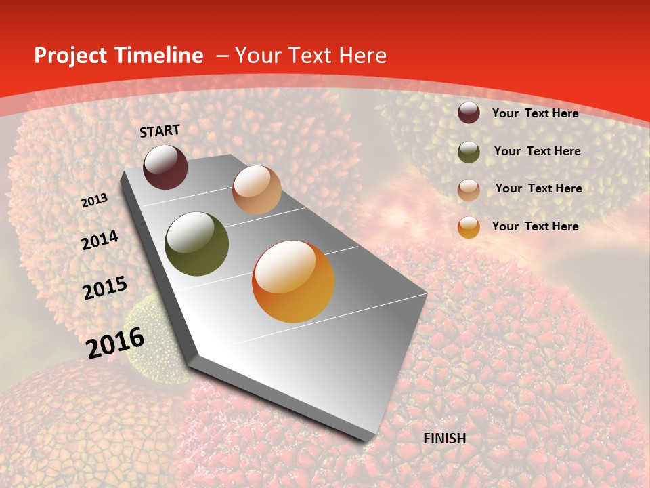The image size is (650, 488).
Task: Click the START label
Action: point(160,131)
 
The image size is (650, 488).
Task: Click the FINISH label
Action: point(445,439)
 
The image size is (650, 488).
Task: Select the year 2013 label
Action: point(94,201)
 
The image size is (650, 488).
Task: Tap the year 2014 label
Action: point(100,241)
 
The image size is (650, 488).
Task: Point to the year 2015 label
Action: point(105,288)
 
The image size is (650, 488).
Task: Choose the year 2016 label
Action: point(115,342)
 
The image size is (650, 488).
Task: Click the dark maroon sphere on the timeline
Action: point(165,167)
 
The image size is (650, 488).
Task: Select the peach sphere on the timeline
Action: point(257,190)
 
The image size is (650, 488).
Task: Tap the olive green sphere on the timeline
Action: point(197,244)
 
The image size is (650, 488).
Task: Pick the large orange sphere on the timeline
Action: point(293,281)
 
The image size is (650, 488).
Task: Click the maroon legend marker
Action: point(469,113)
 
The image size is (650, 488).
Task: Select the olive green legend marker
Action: point(469,152)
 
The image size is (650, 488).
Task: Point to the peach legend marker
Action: point(469,190)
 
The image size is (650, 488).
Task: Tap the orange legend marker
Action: point(469,227)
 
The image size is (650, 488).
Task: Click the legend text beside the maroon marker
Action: point(535,113)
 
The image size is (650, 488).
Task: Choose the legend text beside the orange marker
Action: point(535,226)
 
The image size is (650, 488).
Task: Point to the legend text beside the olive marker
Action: point(537,151)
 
